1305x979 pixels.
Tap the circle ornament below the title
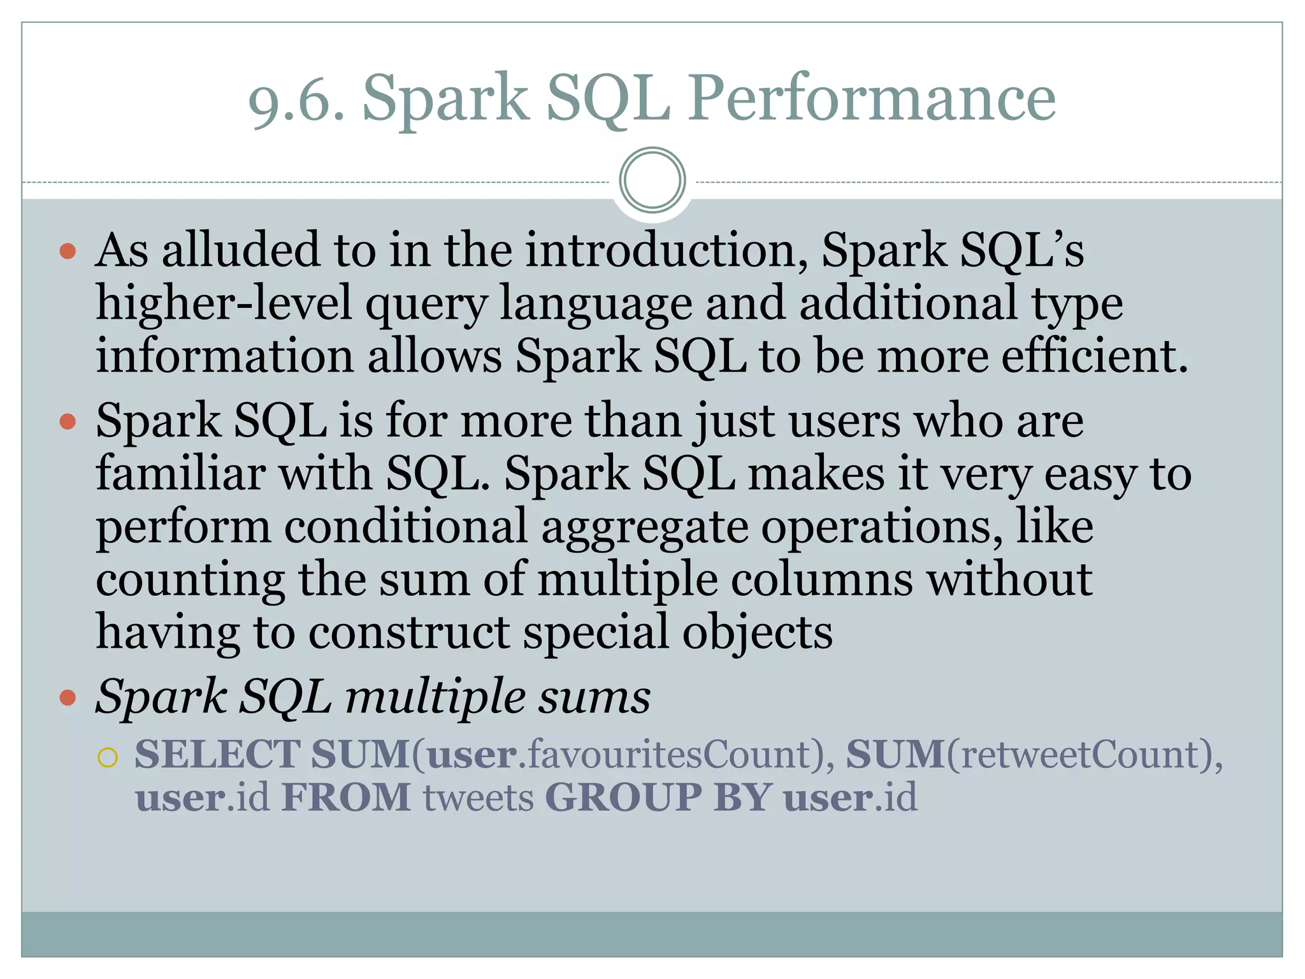click(x=652, y=180)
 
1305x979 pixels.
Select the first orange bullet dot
click(x=68, y=251)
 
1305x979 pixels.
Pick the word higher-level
click(x=224, y=303)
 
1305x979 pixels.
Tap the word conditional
click(x=406, y=527)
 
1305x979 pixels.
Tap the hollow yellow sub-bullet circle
click(x=108, y=758)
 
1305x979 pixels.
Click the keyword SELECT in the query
click(x=217, y=755)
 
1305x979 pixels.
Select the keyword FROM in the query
click(x=347, y=797)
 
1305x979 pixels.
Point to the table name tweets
click(x=479, y=799)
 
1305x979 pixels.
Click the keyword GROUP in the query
click(x=623, y=797)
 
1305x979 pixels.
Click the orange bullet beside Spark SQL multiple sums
click(x=68, y=698)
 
